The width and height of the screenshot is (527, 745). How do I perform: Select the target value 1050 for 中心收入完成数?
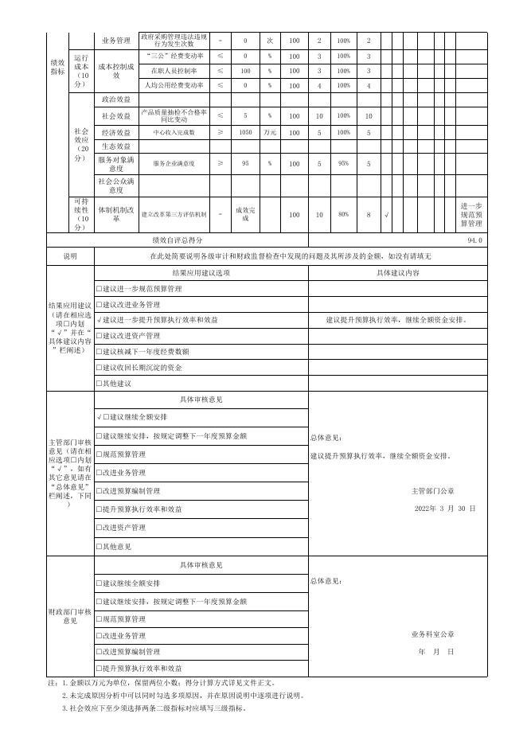click(x=246, y=132)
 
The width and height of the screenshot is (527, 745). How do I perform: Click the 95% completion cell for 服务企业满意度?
click(x=343, y=164)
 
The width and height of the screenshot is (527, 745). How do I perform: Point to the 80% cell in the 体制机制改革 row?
click(x=343, y=215)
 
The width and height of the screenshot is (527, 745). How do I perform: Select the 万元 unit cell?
click(x=270, y=132)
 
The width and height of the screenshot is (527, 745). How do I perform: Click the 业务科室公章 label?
click(x=433, y=634)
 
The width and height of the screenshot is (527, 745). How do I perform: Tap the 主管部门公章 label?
click(x=432, y=490)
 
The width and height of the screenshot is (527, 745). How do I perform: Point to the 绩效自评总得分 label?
click(x=177, y=240)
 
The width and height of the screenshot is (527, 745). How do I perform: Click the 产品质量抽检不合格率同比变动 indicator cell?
click(x=174, y=115)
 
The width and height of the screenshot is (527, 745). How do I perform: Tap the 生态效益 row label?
click(x=116, y=146)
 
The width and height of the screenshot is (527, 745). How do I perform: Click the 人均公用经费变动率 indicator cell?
click(x=174, y=85)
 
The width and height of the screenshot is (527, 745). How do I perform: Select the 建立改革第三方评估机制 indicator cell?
click(x=174, y=215)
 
